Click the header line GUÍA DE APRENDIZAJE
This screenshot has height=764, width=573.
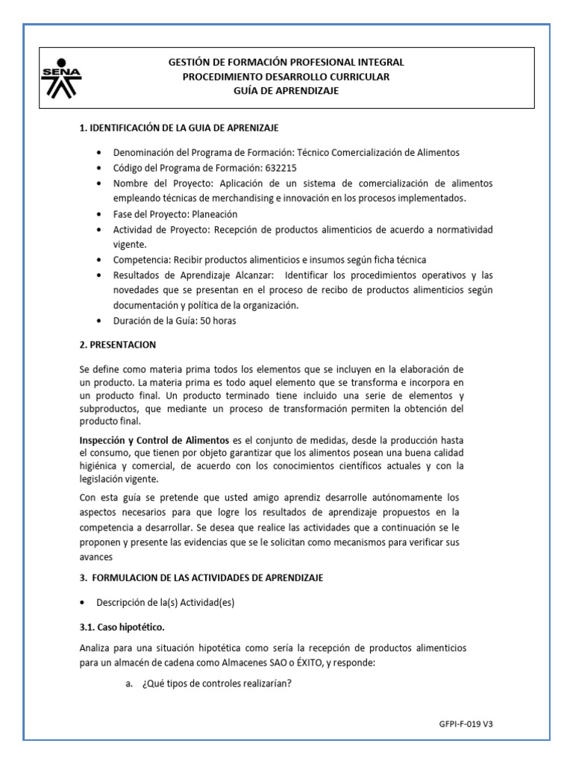[286, 90]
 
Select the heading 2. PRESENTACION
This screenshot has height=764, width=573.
[118, 345]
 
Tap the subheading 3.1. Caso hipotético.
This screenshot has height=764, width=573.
[122, 627]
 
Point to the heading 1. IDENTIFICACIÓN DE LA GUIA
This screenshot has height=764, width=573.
[179, 129]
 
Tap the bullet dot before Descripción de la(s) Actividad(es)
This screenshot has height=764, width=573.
[83, 603]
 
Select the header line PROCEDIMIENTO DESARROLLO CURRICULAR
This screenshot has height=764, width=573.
[286, 77]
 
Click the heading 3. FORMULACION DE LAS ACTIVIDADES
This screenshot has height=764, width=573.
[201, 578]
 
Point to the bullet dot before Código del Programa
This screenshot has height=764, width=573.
[101, 168]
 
